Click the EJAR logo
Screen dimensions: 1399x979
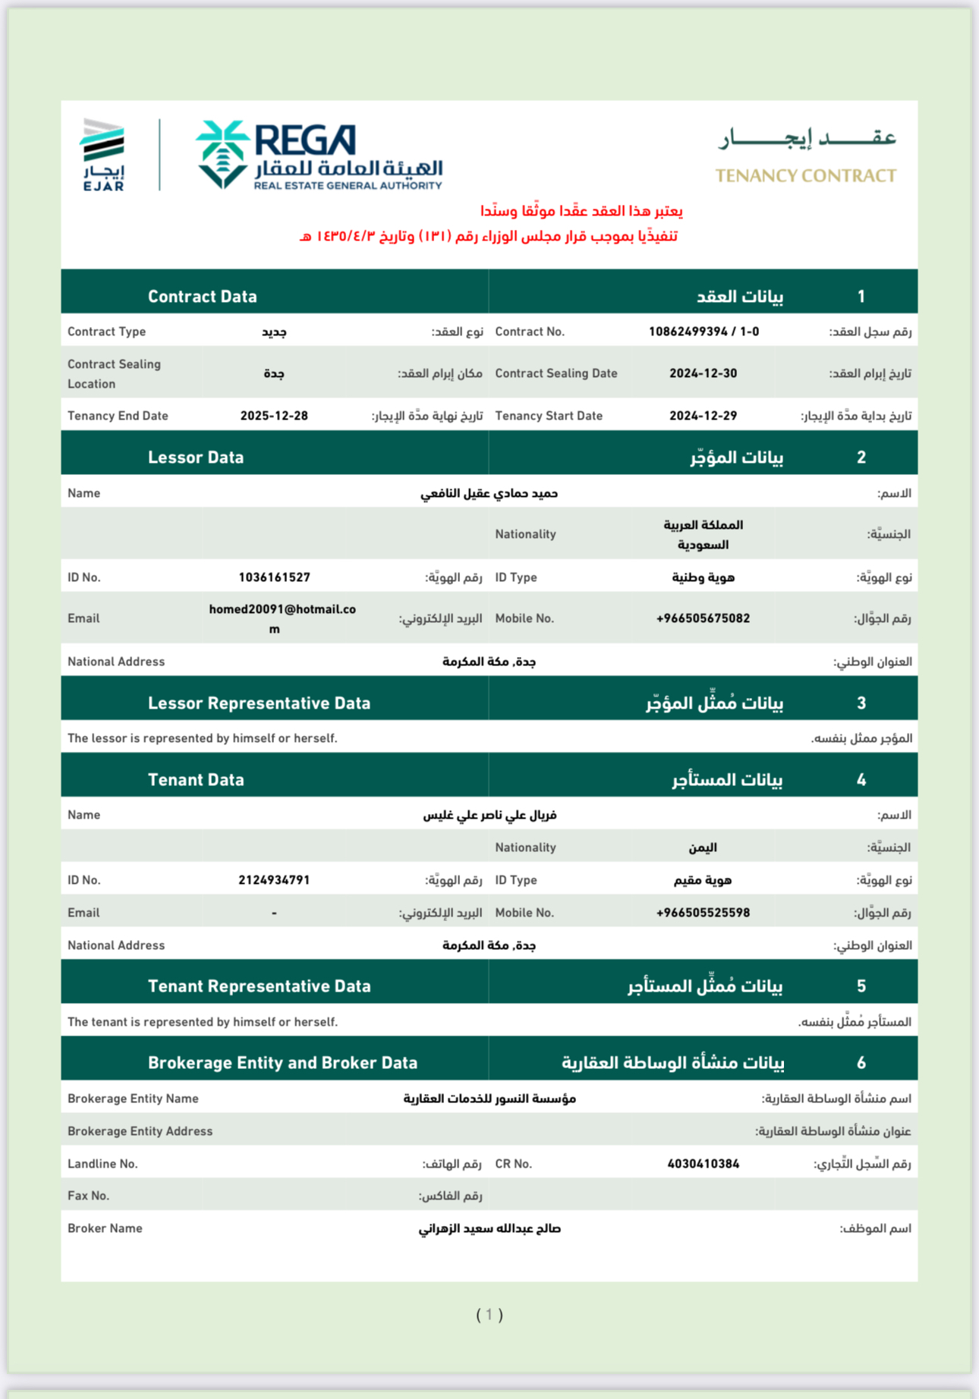103,155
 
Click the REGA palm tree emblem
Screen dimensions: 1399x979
222,154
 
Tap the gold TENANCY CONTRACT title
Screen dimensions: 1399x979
805,176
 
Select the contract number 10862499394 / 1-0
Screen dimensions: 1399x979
704,332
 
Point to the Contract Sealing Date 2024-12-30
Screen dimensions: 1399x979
703,373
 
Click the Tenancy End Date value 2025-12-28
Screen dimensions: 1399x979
274,416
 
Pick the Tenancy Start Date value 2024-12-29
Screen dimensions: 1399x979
703,416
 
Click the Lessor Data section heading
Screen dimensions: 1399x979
196,457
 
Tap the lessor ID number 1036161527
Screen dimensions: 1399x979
274,577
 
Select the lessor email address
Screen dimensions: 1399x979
282,618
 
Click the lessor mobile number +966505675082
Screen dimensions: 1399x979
703,618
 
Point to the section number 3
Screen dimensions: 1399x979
861,703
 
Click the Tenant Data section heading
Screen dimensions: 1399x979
196,780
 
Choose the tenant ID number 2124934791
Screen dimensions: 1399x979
274,880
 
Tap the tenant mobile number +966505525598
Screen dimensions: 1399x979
703,913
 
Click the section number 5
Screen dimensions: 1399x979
861,986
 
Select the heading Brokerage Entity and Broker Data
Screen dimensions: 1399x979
282,1063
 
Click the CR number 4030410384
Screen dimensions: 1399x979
703,1164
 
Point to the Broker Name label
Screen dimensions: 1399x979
105,1228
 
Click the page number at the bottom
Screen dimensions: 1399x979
489,1314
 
